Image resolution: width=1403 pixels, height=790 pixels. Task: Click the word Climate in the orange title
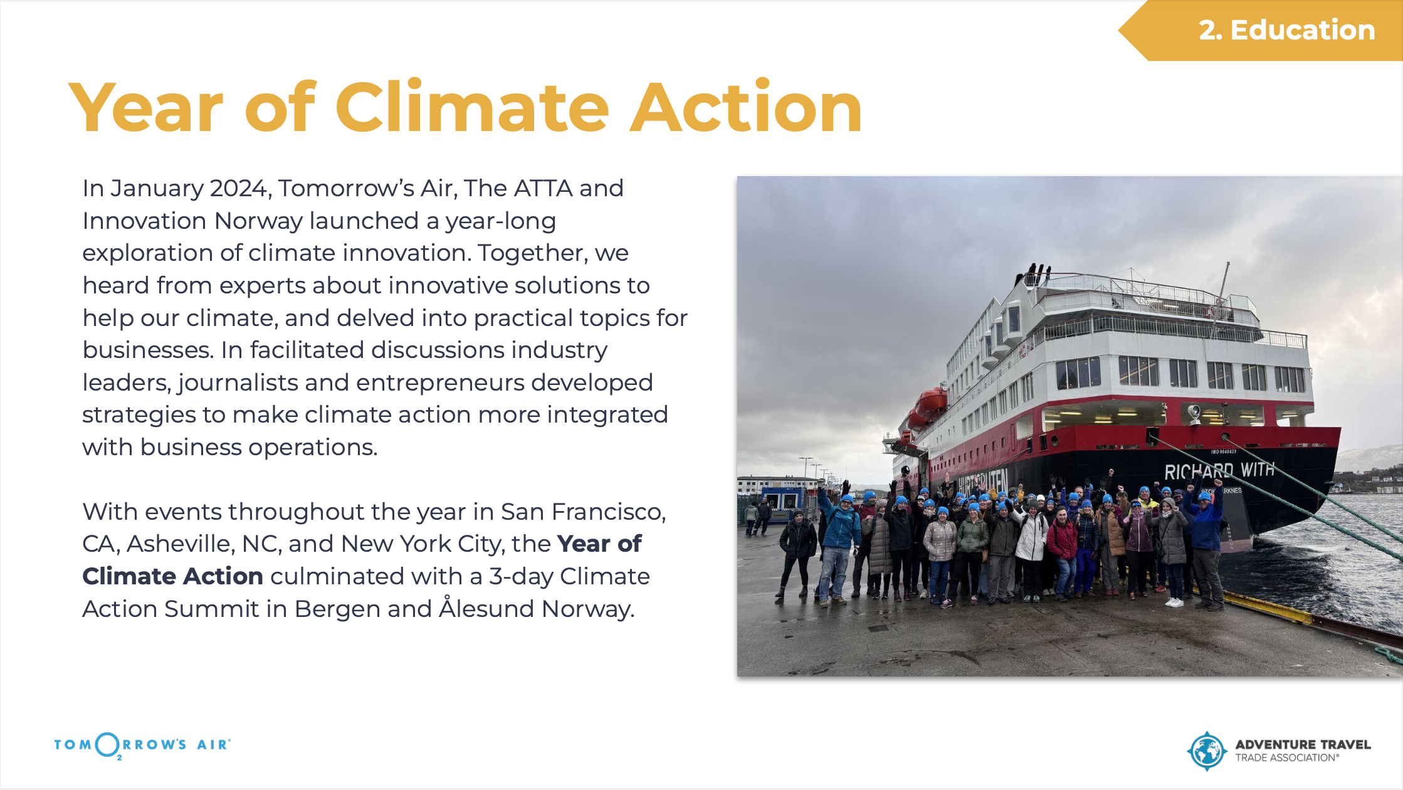pyautogui.click(x=472, y=108)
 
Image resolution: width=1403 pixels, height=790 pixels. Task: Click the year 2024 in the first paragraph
pyautogui.click(x=238, y=188)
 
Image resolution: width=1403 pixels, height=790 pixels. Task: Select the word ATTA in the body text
pyautogui.click(x=543, y=188)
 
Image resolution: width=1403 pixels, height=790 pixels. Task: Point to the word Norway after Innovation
pyautogui.click(x=258, y=221)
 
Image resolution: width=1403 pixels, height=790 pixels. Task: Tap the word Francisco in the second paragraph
pyautogui.click(x=607, y=512)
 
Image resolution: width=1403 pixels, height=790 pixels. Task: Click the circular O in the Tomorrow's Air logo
pyautogui.click(x=108, y=744)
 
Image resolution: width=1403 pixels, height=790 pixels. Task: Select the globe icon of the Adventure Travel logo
pyautogui.click(x=1207, y=750)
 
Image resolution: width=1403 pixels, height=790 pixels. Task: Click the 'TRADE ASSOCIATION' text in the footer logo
pyautogui.click(x=1287, y=758)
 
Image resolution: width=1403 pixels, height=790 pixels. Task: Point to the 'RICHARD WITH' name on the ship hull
pyautogui.click(x=1219, y=470)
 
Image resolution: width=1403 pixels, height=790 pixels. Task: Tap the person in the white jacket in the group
pyautogui.click(x=1031, y=536)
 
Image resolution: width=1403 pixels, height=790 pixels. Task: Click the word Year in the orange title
pyautogui.click(x=145, y=108)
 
